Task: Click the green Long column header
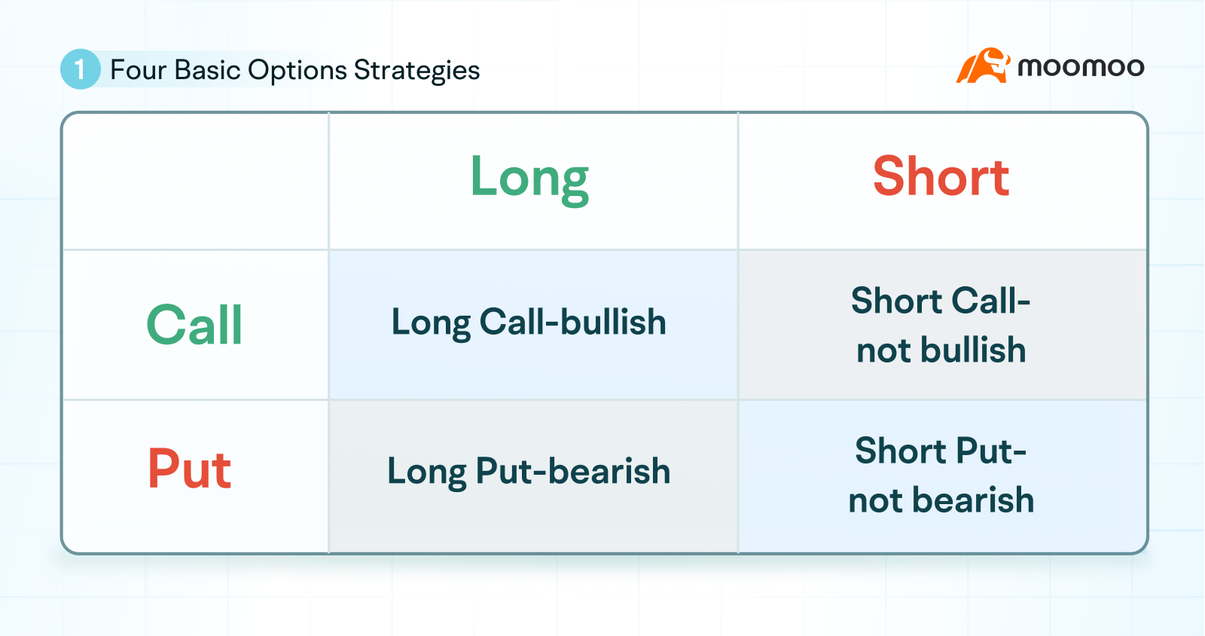point(529,178)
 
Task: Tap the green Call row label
point(194,325)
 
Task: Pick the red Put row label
point(189,469)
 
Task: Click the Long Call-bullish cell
point(529,323)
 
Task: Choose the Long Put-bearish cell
point(529,472)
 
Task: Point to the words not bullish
point(941,350)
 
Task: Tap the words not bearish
point(941,500)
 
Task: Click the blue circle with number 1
point(80,69)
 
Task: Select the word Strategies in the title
point(416,70)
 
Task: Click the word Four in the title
point(138,70)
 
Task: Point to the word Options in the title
point(297,70)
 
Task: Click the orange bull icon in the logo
point(982,66)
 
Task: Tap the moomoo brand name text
point(1081,67)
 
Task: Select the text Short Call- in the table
point(941,301)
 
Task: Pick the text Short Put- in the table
point(941,451)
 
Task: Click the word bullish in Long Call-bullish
point(613,323)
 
